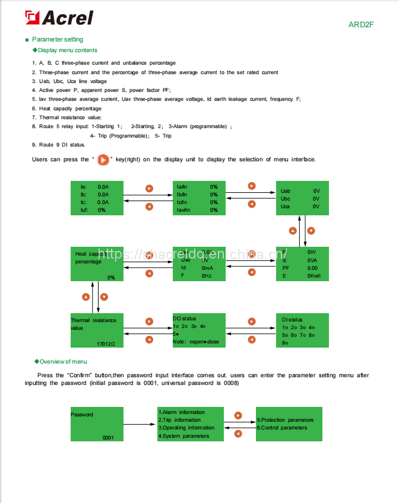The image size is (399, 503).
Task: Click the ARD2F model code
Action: [361, 25]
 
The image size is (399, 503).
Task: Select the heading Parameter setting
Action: [57, 40]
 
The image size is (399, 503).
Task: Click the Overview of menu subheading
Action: [63, 361]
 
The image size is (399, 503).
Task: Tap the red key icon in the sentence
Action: [103, 159]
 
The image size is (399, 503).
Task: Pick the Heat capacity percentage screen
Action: [96, 263]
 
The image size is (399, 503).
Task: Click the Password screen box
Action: [96, 424]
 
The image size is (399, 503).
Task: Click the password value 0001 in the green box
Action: [107, 437]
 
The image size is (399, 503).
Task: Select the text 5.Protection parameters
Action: [286, 420]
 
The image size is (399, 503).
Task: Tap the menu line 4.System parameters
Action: [183, 436]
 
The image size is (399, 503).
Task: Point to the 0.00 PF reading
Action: [312, 268]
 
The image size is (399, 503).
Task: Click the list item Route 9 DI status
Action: [59, 145]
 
